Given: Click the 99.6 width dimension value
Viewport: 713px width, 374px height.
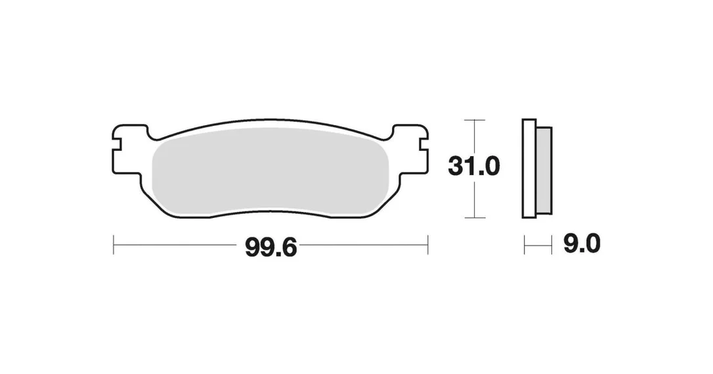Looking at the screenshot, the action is point(270,247).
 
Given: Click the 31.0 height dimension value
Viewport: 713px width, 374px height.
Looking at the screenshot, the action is point(474,166).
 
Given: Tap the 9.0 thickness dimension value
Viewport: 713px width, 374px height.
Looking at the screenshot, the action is point(582,245).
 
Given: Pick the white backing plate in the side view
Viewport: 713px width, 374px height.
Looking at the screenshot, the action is point(529,169).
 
